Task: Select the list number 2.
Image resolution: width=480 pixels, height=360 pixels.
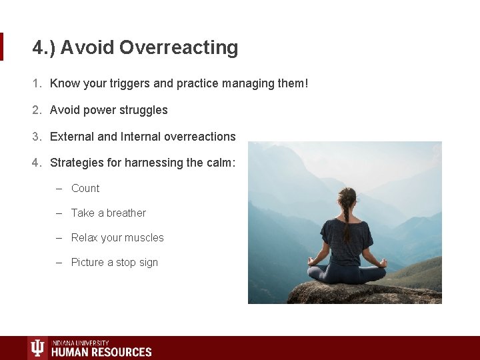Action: [x=37, y=110]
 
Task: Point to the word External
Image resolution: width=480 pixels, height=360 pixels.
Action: [x=72, y=137]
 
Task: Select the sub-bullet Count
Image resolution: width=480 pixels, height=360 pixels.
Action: [x=85, y=189]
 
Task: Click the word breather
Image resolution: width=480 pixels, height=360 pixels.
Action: [x=126, y=213]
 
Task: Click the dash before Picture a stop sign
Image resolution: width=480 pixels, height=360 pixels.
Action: [x=59, y=263]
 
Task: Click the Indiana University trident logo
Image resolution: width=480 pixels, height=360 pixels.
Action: [x=38, y=348]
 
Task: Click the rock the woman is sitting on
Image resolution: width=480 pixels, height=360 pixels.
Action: [x=347, y=293]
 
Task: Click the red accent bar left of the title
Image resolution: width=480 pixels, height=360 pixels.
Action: [x=2, y=47]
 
